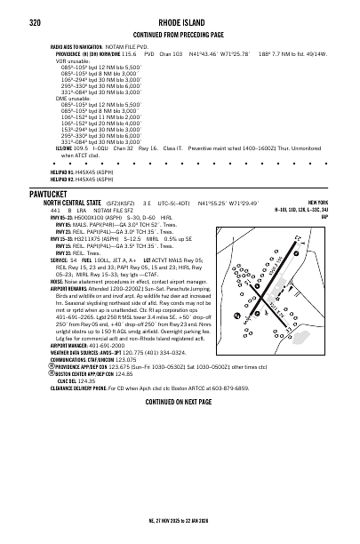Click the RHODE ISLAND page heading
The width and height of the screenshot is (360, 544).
point(179,22)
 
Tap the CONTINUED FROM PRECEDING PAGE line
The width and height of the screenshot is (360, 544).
point(179,34)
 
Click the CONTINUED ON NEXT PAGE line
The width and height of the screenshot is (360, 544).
point(179,402)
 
